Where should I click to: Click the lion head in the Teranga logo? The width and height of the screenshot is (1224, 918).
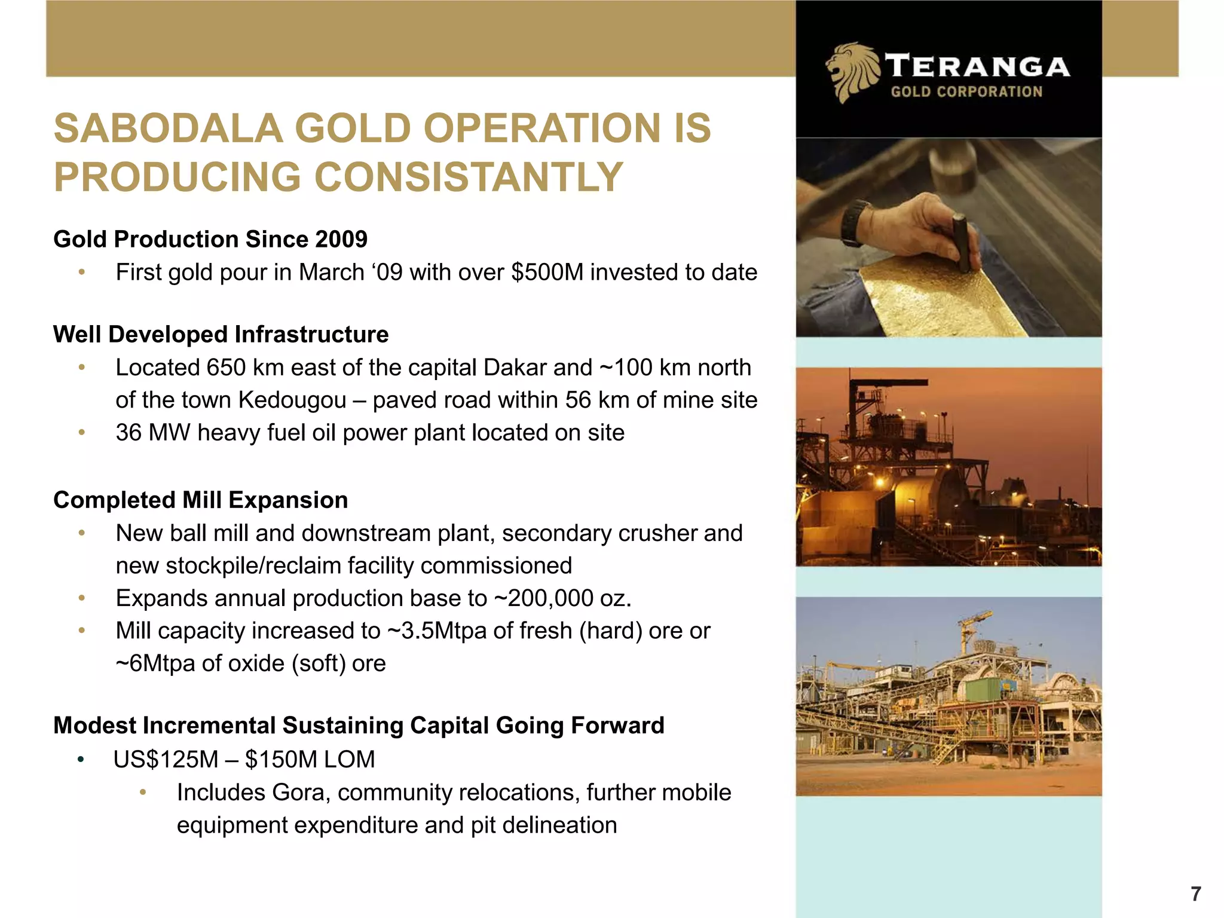pyautogui.click(x=852, y=72)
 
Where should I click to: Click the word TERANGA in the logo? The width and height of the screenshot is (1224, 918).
pyautogui.click(x=977, y=66)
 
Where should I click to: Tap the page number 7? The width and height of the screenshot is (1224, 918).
pyautogui.click(x=1195, y=894)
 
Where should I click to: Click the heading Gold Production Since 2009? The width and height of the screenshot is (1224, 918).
pyautogui.click(x=210, y=239)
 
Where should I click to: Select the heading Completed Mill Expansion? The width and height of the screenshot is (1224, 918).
pyautogui.click(x=201, y=500)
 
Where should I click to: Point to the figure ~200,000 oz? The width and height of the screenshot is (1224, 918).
pyautogui.click(x=562, y=598)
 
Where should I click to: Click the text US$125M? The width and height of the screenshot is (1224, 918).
pyautogui.click(x=166, y=760)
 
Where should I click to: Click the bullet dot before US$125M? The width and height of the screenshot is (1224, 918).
pyautogui.click(x=81, y=760)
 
